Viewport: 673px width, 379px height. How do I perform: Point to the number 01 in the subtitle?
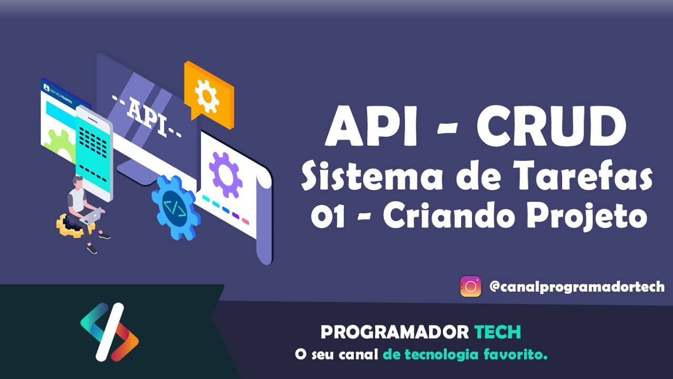327,217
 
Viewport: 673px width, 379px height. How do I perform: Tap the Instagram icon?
471,287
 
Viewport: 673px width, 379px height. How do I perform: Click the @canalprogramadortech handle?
577,287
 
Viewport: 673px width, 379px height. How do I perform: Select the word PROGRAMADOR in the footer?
394,332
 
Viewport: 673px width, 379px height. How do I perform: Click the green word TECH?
497,332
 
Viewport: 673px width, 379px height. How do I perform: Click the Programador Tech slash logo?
109,332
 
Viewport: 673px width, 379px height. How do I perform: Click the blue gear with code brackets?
175,207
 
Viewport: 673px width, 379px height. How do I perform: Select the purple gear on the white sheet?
226,174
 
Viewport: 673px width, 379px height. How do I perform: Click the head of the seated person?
78,182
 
